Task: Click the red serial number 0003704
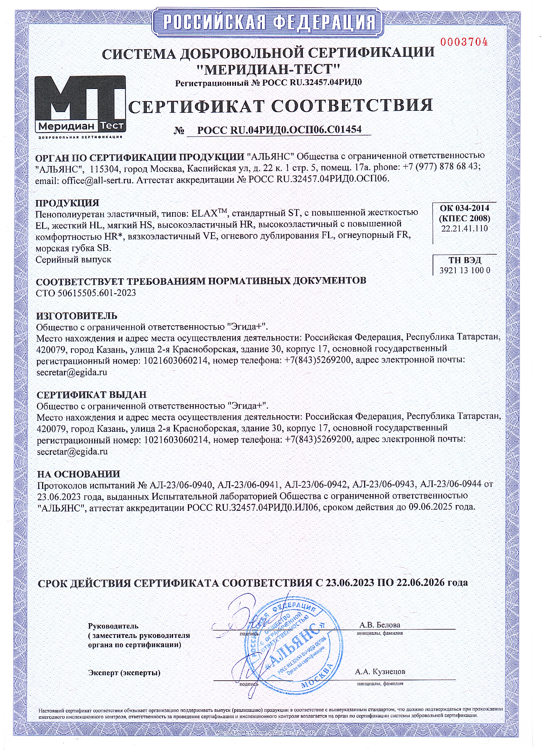(464, 42)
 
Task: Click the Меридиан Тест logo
(80, 106)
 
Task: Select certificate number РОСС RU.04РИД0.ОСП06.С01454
(279, 130)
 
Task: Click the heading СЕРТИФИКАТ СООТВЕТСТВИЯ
(280, 106)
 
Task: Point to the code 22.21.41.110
(464, 229)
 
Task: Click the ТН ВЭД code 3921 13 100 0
(465, 270)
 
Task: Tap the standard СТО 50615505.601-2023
(86, 293)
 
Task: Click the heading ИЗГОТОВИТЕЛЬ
(77, 316)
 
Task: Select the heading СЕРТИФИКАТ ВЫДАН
(91, 395)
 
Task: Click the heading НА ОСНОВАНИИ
(78, 474)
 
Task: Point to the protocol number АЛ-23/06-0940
(181, 485)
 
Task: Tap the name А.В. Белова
(380, 625)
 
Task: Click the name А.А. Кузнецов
(380, 672)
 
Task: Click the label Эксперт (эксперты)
(124, 673)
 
